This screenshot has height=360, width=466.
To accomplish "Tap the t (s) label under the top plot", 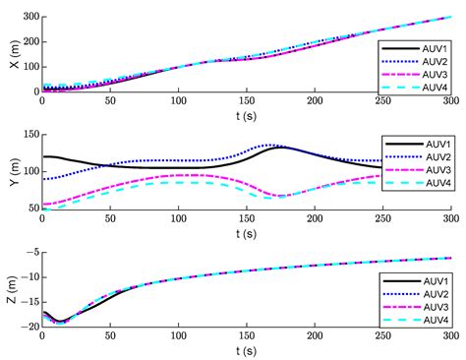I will tap(246, 115).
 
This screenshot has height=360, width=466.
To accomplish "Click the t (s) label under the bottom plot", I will tap(246, 351).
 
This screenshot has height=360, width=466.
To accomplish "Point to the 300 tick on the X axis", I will tap(28, 18).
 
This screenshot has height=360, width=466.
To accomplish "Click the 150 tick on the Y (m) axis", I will tap(28, 135).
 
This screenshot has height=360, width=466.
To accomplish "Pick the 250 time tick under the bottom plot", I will tap(382, 336).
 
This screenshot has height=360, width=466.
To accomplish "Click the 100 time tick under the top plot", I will tap(178, 100).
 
